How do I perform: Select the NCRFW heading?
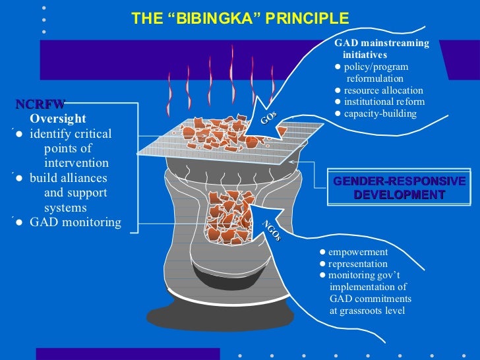41,104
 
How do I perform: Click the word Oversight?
58,119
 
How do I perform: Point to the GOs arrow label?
268,118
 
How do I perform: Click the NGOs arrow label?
272,230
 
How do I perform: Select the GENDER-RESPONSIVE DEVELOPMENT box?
399,188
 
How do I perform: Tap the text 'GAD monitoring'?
75,222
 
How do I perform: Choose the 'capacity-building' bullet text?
380,113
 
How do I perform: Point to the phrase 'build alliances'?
68,178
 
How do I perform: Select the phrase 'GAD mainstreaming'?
382,44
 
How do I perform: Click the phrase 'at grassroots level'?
367,310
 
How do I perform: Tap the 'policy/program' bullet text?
376,67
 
